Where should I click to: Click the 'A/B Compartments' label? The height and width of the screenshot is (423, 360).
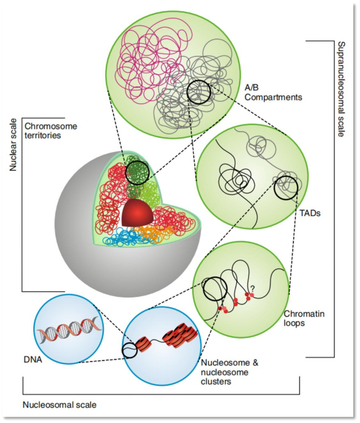[x=273, y=93]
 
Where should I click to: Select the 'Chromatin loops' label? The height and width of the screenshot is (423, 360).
[x=300, y=318]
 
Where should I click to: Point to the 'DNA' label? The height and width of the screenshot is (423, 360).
[x=33, y=360]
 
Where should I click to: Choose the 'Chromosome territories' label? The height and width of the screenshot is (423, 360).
[x=50, y=131]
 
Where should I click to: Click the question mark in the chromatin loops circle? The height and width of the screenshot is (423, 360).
[x=252, y=288]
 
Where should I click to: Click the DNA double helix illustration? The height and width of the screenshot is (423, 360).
[x=68, y=329]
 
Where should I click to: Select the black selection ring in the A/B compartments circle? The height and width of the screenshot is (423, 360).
[x=199, y=92]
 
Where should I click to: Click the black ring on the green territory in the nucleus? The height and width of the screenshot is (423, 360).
[x=137, y=170]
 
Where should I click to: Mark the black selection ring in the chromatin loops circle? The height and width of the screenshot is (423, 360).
[x=214, y=289]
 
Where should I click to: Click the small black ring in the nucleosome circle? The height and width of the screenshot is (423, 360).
[x=129, y=351]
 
